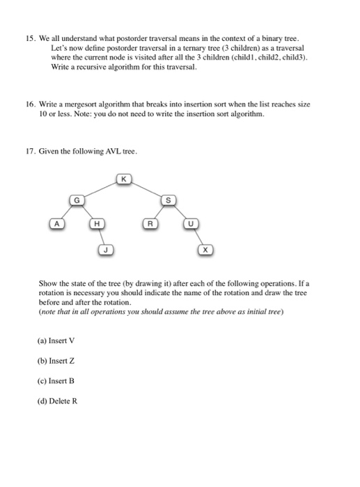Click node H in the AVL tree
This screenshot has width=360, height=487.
coord(97,224)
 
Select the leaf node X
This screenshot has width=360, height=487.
coord(206,248)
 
